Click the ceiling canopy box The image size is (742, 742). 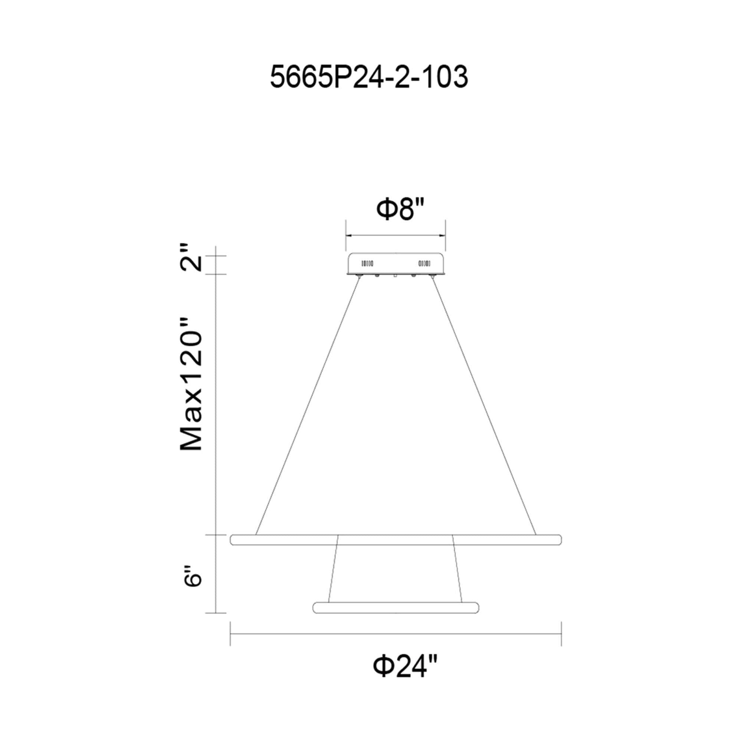395,264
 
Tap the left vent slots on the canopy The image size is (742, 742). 368,263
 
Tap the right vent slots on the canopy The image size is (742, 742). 424,263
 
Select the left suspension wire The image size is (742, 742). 308,405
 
